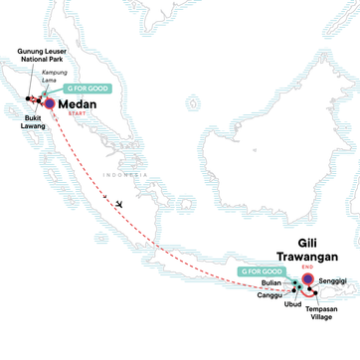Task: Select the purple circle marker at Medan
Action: tap(49, 101)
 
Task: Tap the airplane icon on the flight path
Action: tap(118, 203)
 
